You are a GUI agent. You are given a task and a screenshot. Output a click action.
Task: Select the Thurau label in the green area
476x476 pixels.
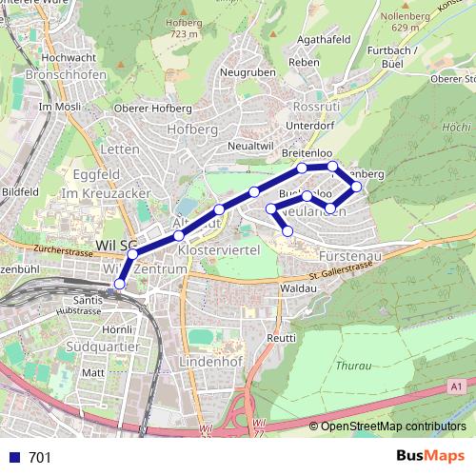pyautogui.click(x=353, y=364)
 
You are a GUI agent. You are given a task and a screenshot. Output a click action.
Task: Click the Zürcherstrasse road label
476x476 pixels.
pyautogui.click(x=60, y=248)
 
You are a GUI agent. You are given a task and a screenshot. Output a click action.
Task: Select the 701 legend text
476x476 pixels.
pyautogui.click(x=40, y=457)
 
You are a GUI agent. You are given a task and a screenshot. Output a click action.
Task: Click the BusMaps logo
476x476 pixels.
pyautogui.click(x=429, y=456)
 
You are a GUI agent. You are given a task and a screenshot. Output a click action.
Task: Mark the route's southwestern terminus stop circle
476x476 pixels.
pyautogui.click(x=120, y=283)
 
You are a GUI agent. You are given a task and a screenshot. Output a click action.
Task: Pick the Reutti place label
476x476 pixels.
pyautogui.click(x=281, y=338)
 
